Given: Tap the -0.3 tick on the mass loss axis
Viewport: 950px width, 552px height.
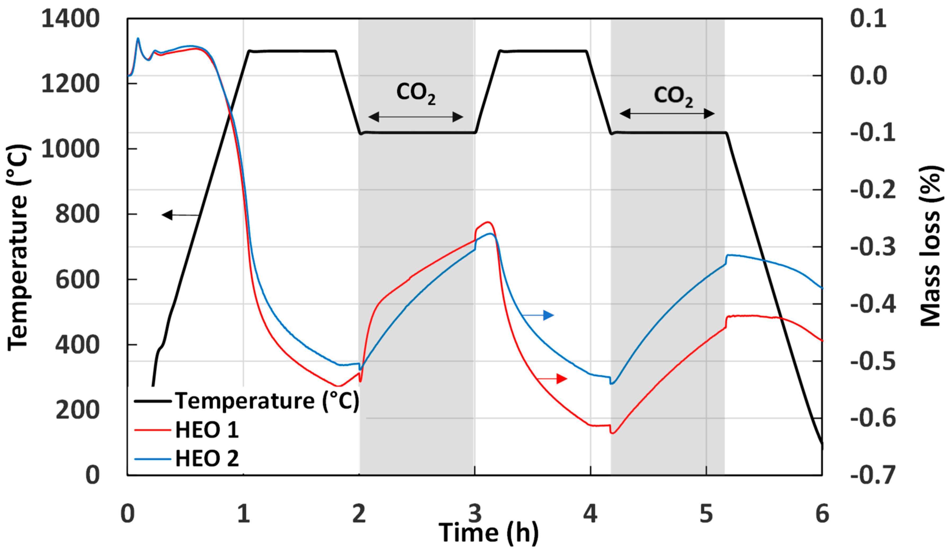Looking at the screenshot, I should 873,247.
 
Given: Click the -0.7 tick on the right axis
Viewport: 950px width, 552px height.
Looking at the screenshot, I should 873,475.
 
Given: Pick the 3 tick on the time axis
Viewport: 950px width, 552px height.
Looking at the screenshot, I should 475,514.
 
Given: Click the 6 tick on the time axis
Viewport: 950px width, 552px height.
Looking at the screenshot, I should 822,514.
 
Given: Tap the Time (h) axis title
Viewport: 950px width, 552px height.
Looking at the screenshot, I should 489,533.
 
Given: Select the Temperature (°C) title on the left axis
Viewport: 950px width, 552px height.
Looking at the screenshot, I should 18,247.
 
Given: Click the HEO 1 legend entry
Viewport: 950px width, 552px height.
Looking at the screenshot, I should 207,430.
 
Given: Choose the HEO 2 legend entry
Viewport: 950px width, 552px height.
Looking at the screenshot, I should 207,459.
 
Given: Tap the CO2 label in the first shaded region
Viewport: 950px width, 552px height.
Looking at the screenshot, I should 416,93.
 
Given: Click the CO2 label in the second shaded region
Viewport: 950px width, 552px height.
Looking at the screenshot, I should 673,96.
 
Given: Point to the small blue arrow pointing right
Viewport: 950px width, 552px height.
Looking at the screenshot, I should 538,315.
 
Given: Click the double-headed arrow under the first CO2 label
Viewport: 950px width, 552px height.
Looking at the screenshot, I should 415,117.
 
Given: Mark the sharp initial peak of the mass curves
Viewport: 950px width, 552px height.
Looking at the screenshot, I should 138,38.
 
